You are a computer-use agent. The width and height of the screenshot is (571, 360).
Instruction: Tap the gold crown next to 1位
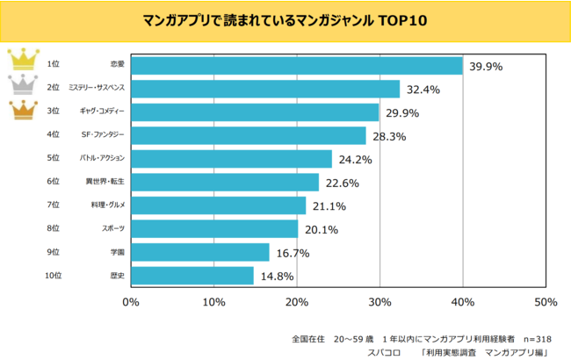(21, 61)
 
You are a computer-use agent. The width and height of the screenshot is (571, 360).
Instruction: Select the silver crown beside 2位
(21, 85)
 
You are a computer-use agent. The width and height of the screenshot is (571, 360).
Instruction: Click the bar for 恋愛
(297, 66)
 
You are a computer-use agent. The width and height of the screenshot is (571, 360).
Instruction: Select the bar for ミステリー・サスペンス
(265, 89)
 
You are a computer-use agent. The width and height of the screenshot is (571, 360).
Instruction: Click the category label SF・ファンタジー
(105, 135)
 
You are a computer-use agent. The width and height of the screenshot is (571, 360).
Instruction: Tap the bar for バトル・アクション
(231, 159)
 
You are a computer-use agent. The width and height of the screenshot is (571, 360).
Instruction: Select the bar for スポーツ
(214, 229)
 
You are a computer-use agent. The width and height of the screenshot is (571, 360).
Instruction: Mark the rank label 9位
(53, 252)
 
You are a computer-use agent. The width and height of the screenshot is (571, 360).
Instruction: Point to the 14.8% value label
(276, 277)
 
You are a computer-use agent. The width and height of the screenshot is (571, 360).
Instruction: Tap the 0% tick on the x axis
(131, 303)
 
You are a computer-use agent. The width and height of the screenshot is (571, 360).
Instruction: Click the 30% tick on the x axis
(379, 303)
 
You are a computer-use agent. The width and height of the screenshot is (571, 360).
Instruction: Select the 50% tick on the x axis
(546, 303)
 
